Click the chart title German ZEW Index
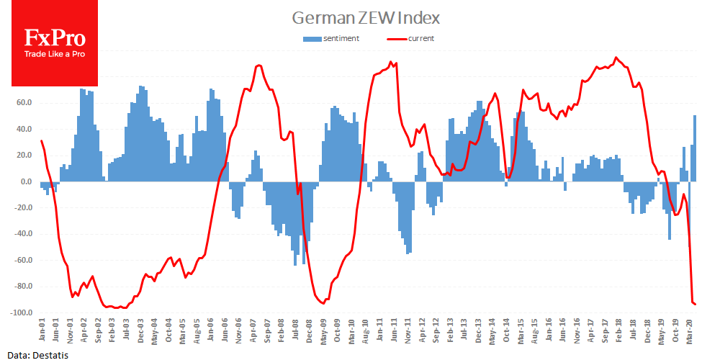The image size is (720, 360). click(365, 17)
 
